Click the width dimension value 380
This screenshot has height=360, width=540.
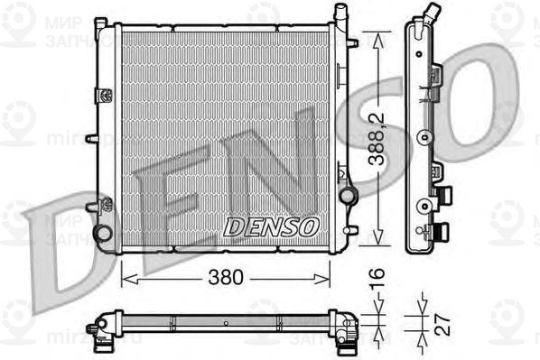226,278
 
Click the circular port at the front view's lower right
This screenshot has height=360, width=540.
349,196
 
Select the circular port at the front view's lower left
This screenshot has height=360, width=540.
104,233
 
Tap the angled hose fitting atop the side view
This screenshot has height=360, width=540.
433,14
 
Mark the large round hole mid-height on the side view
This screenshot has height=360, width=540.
422,138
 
